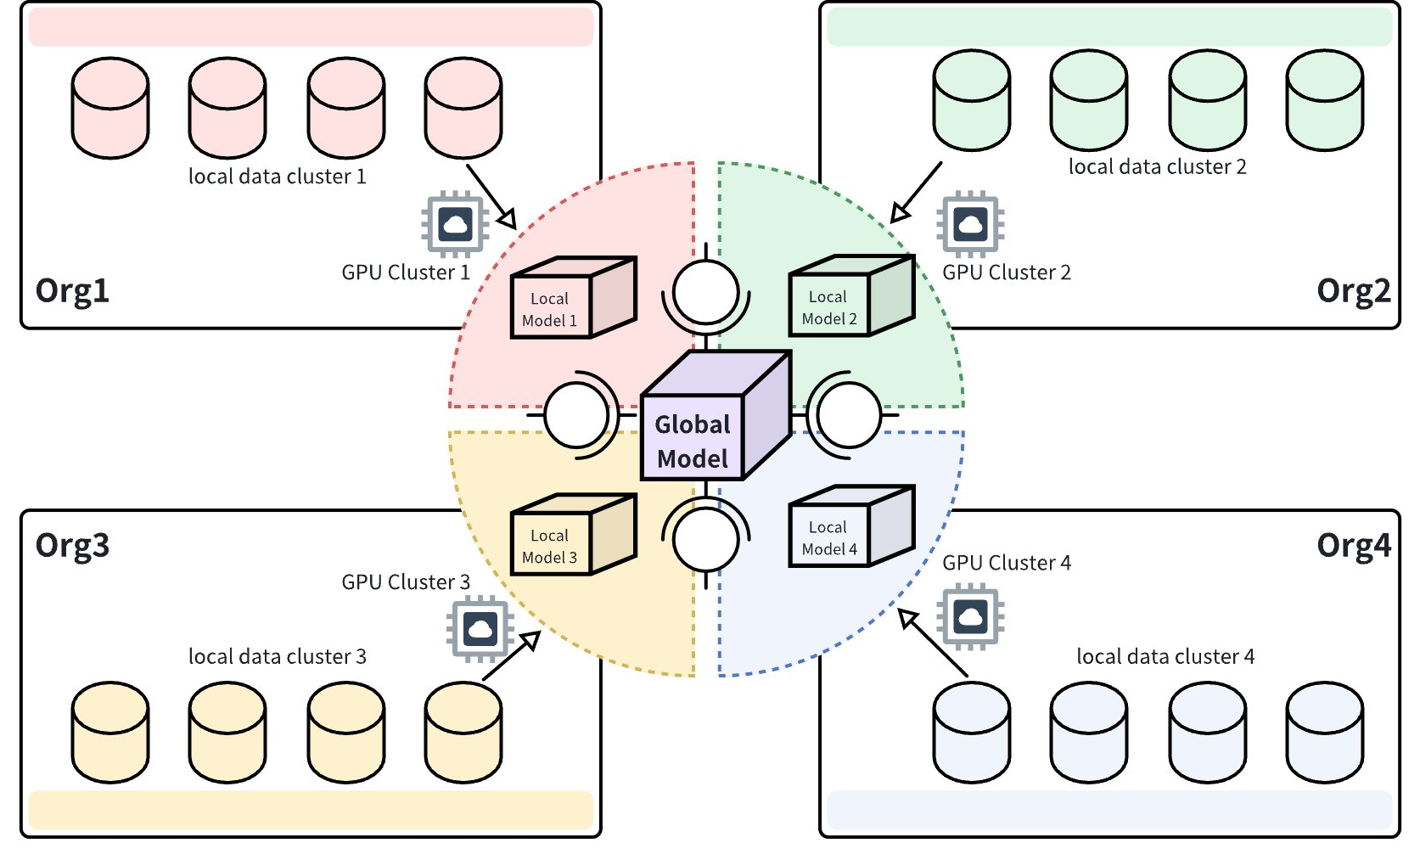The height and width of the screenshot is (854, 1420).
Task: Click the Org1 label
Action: (x=72, y=291)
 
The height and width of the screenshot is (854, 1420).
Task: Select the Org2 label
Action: (x=1353, y=291)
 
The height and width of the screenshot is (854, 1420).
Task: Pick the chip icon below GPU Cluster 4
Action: (x=970, y=616)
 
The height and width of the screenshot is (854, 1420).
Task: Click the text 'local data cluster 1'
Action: (x=277, y=177)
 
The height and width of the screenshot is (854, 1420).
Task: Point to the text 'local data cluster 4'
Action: (x=1165, y=656)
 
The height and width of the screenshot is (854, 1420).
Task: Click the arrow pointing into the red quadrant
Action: (x=491, y=197)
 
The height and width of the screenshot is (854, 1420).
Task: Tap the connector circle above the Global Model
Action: (x=705, y=292)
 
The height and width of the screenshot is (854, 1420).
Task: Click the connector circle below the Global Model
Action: (x=705, y=539)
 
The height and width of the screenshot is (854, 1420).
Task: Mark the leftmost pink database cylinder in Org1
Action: (x=110, y=108)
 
